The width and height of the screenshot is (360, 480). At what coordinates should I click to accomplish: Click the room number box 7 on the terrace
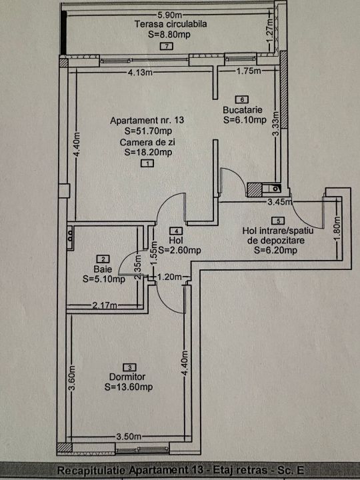[x=167, y=46]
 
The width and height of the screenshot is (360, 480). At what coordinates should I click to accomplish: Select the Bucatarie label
[x=243, y=109]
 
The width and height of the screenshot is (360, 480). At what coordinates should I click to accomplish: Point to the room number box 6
[x=242, y=99]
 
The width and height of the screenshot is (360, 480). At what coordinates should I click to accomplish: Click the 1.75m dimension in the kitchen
[x=249, y=71]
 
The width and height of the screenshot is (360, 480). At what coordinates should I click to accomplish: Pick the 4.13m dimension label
[x=140, y=73]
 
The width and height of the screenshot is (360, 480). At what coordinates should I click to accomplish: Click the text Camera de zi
[x=147, y=143]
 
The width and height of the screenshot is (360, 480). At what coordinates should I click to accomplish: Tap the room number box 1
[x=147, y=163]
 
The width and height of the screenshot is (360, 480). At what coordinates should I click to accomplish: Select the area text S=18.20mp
[x=148, y=152]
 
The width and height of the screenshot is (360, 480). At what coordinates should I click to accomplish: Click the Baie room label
[x=103, y=269]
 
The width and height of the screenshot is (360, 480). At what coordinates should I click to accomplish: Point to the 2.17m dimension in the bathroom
[x=105, y=305]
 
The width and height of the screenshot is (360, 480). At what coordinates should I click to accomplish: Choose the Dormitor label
[x=127, y=377]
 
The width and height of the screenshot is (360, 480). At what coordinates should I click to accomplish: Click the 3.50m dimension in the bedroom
[x=129, y=437]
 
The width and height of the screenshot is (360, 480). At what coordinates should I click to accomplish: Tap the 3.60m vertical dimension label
[x=71, y=379]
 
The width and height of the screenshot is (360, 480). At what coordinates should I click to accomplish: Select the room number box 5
[x=278, y=221]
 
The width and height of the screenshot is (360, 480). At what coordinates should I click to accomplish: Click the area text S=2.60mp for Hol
[x=180, y=250]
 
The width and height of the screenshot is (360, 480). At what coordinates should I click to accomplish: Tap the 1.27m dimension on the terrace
[x=269, y=31]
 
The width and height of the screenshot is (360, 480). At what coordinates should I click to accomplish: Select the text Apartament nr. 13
[x=147, y=120]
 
